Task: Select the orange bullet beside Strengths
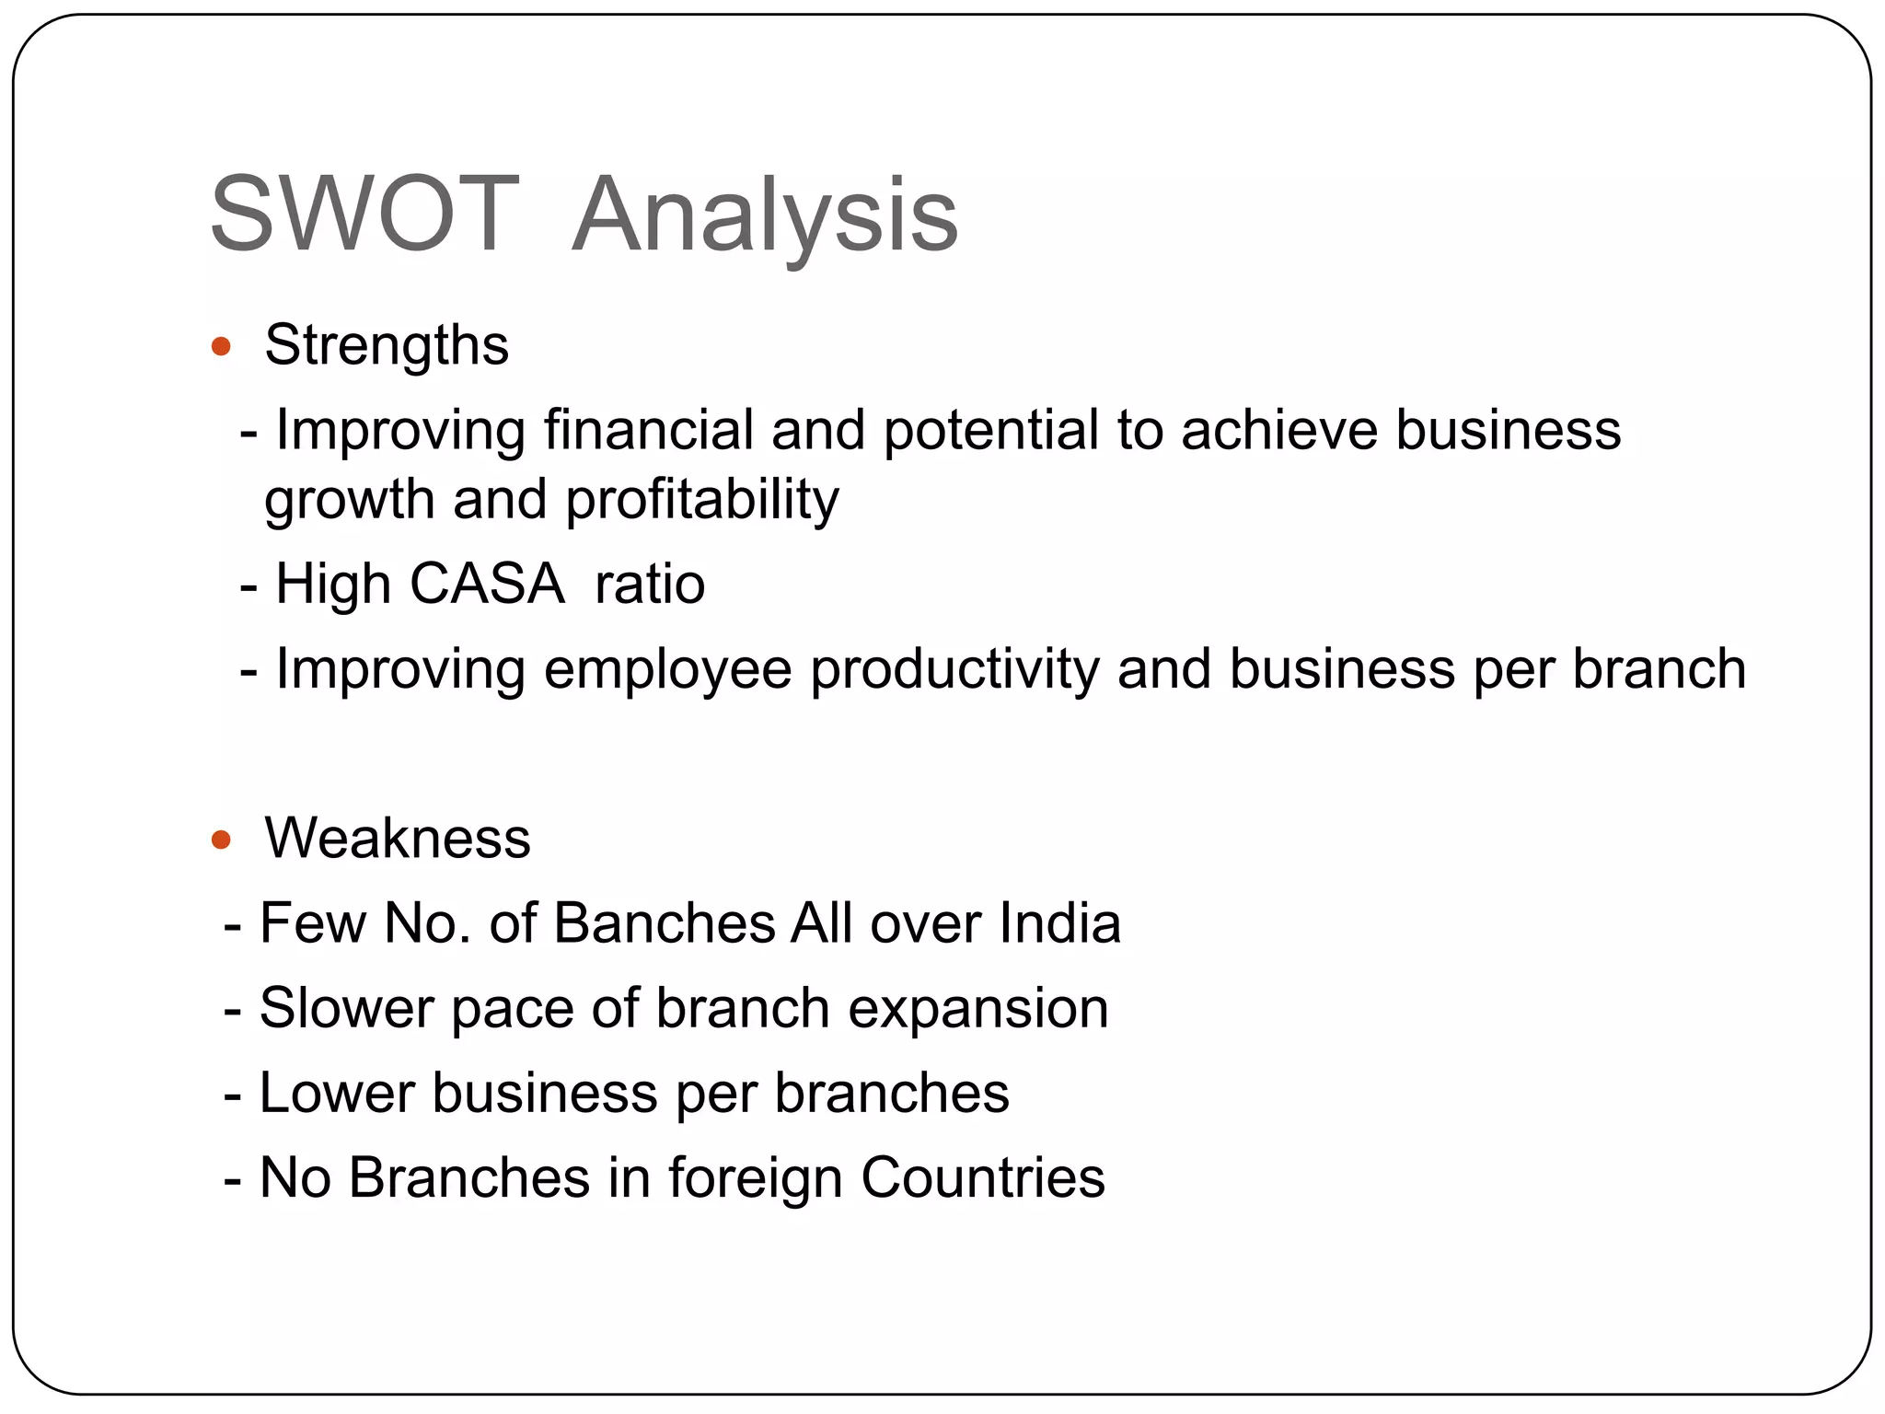pos(220,347)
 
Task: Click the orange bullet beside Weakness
pos(220,840)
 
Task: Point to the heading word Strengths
pos(387,346)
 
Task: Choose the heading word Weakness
pos(398,839)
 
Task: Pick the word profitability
pos(701,500)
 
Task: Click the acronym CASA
pos(487,584)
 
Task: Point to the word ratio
pos(650,584)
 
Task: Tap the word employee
pos(667,669)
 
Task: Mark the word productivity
pos(954,669)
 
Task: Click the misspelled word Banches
pos(665,923)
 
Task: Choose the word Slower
pos(345,1008)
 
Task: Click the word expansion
pos(977,1010)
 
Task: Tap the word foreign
pos(755,1179)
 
